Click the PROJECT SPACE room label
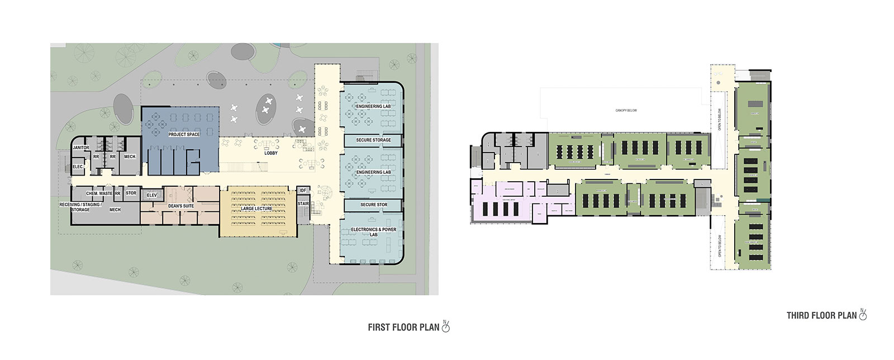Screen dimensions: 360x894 184,134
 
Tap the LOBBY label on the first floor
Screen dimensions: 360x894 271,153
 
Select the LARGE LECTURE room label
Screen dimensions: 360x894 256,209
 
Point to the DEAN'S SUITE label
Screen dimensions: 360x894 180,206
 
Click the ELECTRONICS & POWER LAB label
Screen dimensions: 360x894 373,232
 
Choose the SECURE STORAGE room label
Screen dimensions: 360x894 373,140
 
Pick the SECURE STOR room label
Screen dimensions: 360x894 373,205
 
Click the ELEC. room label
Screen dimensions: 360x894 78,167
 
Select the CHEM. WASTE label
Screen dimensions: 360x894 99,193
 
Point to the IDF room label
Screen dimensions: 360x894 303,191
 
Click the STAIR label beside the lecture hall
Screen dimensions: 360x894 303,203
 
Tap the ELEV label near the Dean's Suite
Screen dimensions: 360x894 151,195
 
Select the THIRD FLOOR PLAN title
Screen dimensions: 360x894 821,316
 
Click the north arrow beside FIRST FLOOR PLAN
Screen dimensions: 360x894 445,327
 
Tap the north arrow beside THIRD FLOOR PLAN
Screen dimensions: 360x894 863,315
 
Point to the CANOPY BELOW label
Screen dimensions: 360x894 626,111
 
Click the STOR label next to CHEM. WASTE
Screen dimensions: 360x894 131,193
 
